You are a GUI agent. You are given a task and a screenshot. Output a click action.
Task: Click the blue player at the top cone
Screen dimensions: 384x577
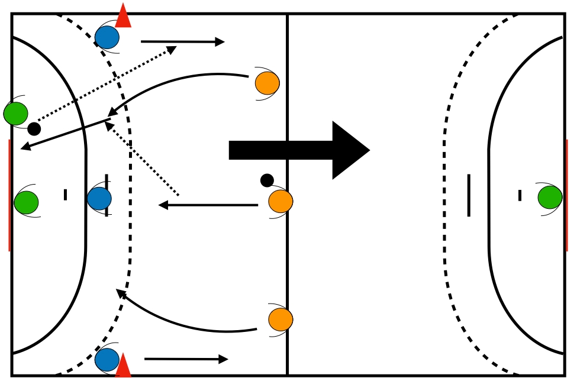[107, 37]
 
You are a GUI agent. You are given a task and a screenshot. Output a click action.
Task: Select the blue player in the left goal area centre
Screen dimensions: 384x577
[99, 198]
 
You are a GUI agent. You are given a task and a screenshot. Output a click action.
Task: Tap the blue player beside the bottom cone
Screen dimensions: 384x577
[107, 359]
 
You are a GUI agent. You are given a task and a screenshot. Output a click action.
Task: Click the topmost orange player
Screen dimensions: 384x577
[267, 83]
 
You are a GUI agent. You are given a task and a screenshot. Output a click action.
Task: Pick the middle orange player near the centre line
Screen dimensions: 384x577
[281, 201]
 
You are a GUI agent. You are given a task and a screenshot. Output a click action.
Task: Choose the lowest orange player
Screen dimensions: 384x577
[281, 320]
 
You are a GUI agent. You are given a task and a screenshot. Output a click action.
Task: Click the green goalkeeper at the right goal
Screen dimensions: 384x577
[550, 197]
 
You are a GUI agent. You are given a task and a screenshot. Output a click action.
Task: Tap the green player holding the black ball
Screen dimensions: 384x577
[16, 114]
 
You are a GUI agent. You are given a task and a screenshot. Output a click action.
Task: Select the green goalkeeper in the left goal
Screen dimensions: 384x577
[27, 202]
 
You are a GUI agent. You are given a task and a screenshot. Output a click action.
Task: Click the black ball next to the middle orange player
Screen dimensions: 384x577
[267, 180]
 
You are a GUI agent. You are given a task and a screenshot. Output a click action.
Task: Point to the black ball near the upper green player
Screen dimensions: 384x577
[34, 128]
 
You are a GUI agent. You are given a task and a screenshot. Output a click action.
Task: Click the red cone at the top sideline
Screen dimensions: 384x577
[123, 17]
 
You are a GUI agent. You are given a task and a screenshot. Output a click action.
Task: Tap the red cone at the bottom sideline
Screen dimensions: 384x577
[123, 366]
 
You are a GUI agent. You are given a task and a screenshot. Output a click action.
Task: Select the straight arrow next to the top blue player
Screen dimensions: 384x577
[182, 42]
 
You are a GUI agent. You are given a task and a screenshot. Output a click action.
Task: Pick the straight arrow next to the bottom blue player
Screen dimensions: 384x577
[186, 359]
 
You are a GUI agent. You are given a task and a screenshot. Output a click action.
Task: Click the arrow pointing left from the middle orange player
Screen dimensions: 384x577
[208, 205]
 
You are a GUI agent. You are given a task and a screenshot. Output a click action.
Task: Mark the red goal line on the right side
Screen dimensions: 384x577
[566, 195]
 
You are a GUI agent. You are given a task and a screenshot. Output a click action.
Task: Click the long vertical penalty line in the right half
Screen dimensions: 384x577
[469, 195]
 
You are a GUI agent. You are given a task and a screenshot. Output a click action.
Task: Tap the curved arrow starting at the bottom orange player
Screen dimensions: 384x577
[178, 322]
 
